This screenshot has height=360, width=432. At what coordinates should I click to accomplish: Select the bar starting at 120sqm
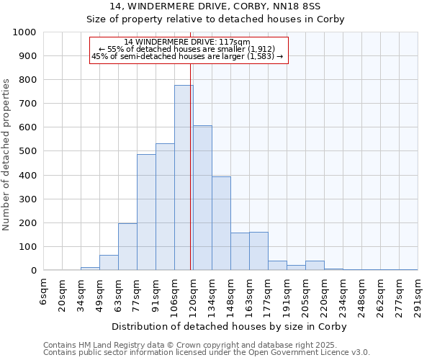point(202,198)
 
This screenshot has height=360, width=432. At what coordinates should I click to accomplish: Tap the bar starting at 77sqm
point(146,212)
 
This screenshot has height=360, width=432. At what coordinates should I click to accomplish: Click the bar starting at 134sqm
point(221,223)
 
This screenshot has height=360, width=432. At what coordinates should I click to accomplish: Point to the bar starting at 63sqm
point(127,247)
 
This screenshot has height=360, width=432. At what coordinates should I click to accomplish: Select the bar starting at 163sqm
point(258,251)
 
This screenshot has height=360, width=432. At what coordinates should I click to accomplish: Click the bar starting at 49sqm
point(109,263)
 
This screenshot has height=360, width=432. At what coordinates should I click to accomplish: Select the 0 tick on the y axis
point(34,271)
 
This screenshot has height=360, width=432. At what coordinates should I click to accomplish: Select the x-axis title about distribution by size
point(230,326)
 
